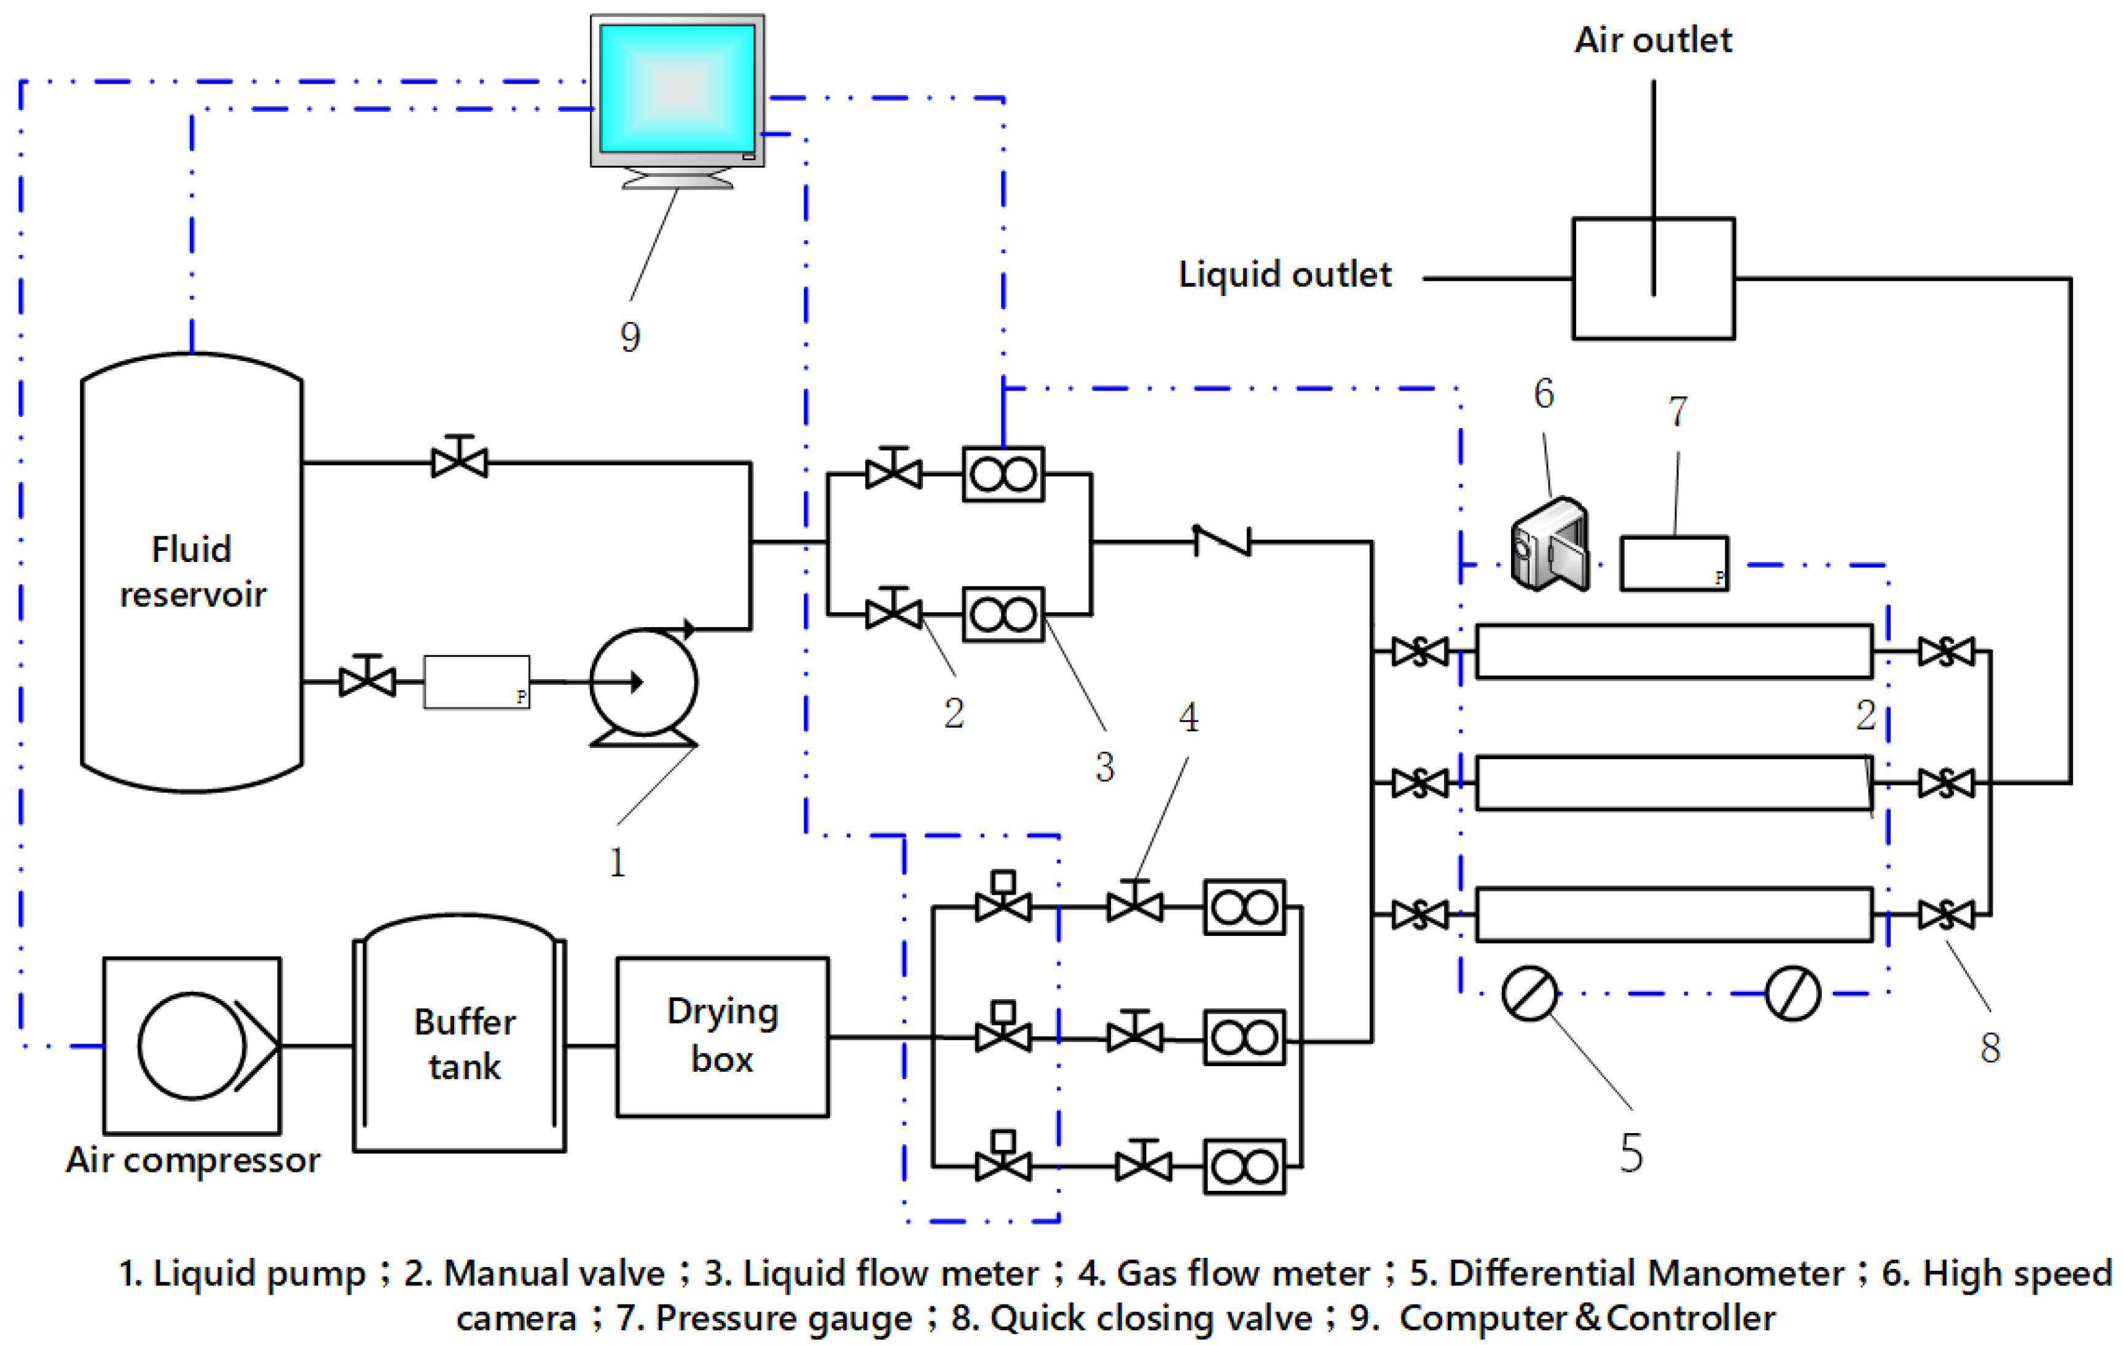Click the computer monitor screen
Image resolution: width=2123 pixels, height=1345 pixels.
(677, 88)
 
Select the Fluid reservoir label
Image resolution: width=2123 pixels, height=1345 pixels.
(192, 572)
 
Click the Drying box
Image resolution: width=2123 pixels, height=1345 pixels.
(722, 1037)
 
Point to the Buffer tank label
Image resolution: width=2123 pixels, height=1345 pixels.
(465, 1045)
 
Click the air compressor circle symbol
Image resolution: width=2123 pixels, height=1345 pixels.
(192, 1046)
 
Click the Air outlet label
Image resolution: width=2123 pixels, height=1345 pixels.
(1653, 41)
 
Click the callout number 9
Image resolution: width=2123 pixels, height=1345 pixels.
(629, 337)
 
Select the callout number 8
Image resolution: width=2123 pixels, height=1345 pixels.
(1990, 1047)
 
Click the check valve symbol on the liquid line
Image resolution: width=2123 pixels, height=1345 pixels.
(1222, 541)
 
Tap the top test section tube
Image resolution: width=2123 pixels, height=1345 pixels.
(1674, 652)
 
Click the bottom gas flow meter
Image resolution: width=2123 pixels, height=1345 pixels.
(1244, 1167)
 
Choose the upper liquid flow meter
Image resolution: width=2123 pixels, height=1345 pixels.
(1003, 474)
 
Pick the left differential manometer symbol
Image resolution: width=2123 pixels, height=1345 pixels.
(1529, 993)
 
